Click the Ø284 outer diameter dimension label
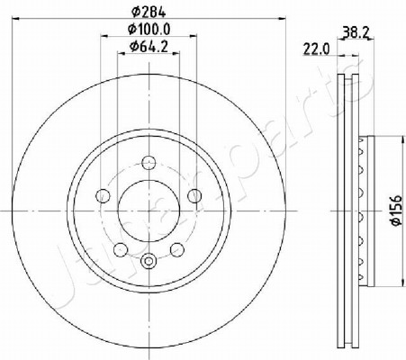pos(149,13)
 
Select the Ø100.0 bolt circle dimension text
pos(149,30)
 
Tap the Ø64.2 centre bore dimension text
pos(149,47)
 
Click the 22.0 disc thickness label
pos(316,49)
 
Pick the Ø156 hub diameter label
pos(396,210)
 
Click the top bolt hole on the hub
pos(149,163)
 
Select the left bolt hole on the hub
pos(103,196)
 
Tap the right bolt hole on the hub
pos(194,196)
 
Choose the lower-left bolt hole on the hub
pos(121,249)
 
